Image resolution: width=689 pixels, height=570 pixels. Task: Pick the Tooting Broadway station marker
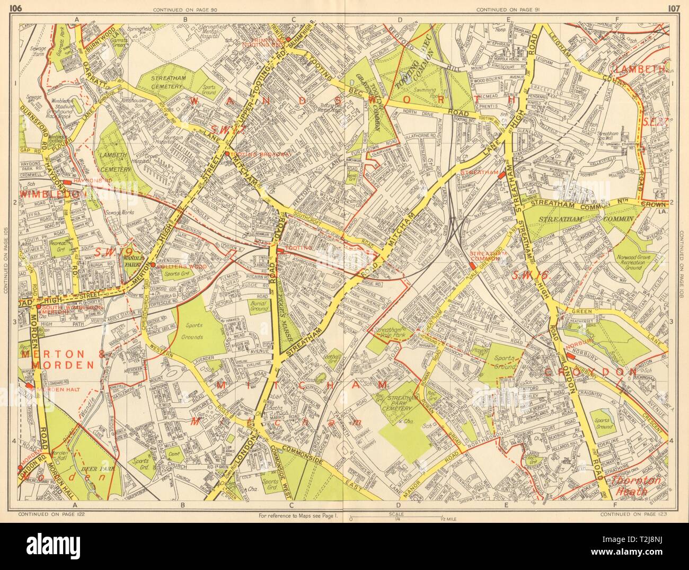coord(227,154)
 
